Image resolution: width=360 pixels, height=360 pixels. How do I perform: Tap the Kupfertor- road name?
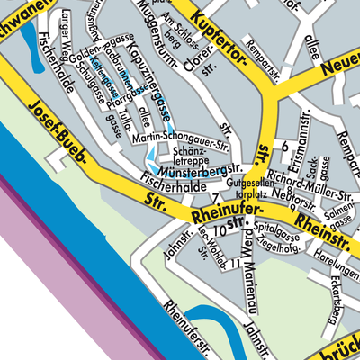[x=220, y=43]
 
